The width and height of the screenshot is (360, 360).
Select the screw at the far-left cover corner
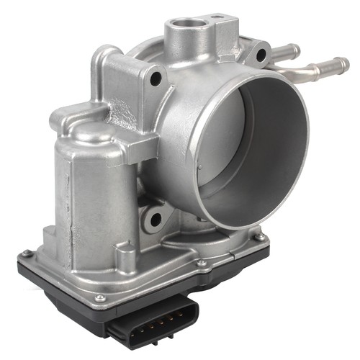point(26,253)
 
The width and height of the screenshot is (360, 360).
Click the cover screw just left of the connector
point(100,297)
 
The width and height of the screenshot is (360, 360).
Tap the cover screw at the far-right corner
point(260,237)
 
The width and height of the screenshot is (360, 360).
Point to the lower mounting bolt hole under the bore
point(153,217)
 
